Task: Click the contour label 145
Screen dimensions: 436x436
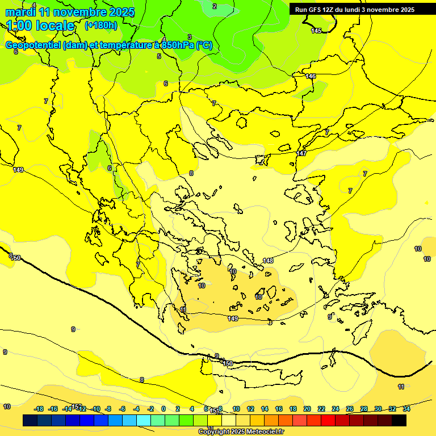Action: click(x=316, y=31)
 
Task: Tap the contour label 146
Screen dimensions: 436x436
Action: click(x=311, y=76)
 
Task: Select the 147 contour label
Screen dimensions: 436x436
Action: click(x=301, y=153)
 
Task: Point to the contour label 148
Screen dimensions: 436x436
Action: click(x=268, y=261)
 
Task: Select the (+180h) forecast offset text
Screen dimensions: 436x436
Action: click(x=100, y=25)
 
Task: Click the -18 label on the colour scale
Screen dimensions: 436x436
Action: click(x=39, y=409)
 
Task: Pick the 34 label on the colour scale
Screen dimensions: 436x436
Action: click(x=406, y=409)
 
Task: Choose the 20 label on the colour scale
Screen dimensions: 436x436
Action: click(x=307, y=409)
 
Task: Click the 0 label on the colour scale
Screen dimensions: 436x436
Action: click(x=163, y=409)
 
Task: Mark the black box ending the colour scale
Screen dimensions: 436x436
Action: click(x=399, y=420)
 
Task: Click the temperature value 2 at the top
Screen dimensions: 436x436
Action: click(x=215, y=6)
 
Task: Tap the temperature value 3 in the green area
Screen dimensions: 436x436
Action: click(x=190, y=37)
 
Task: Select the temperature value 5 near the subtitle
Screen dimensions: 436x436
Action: click(x=159, y=56)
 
